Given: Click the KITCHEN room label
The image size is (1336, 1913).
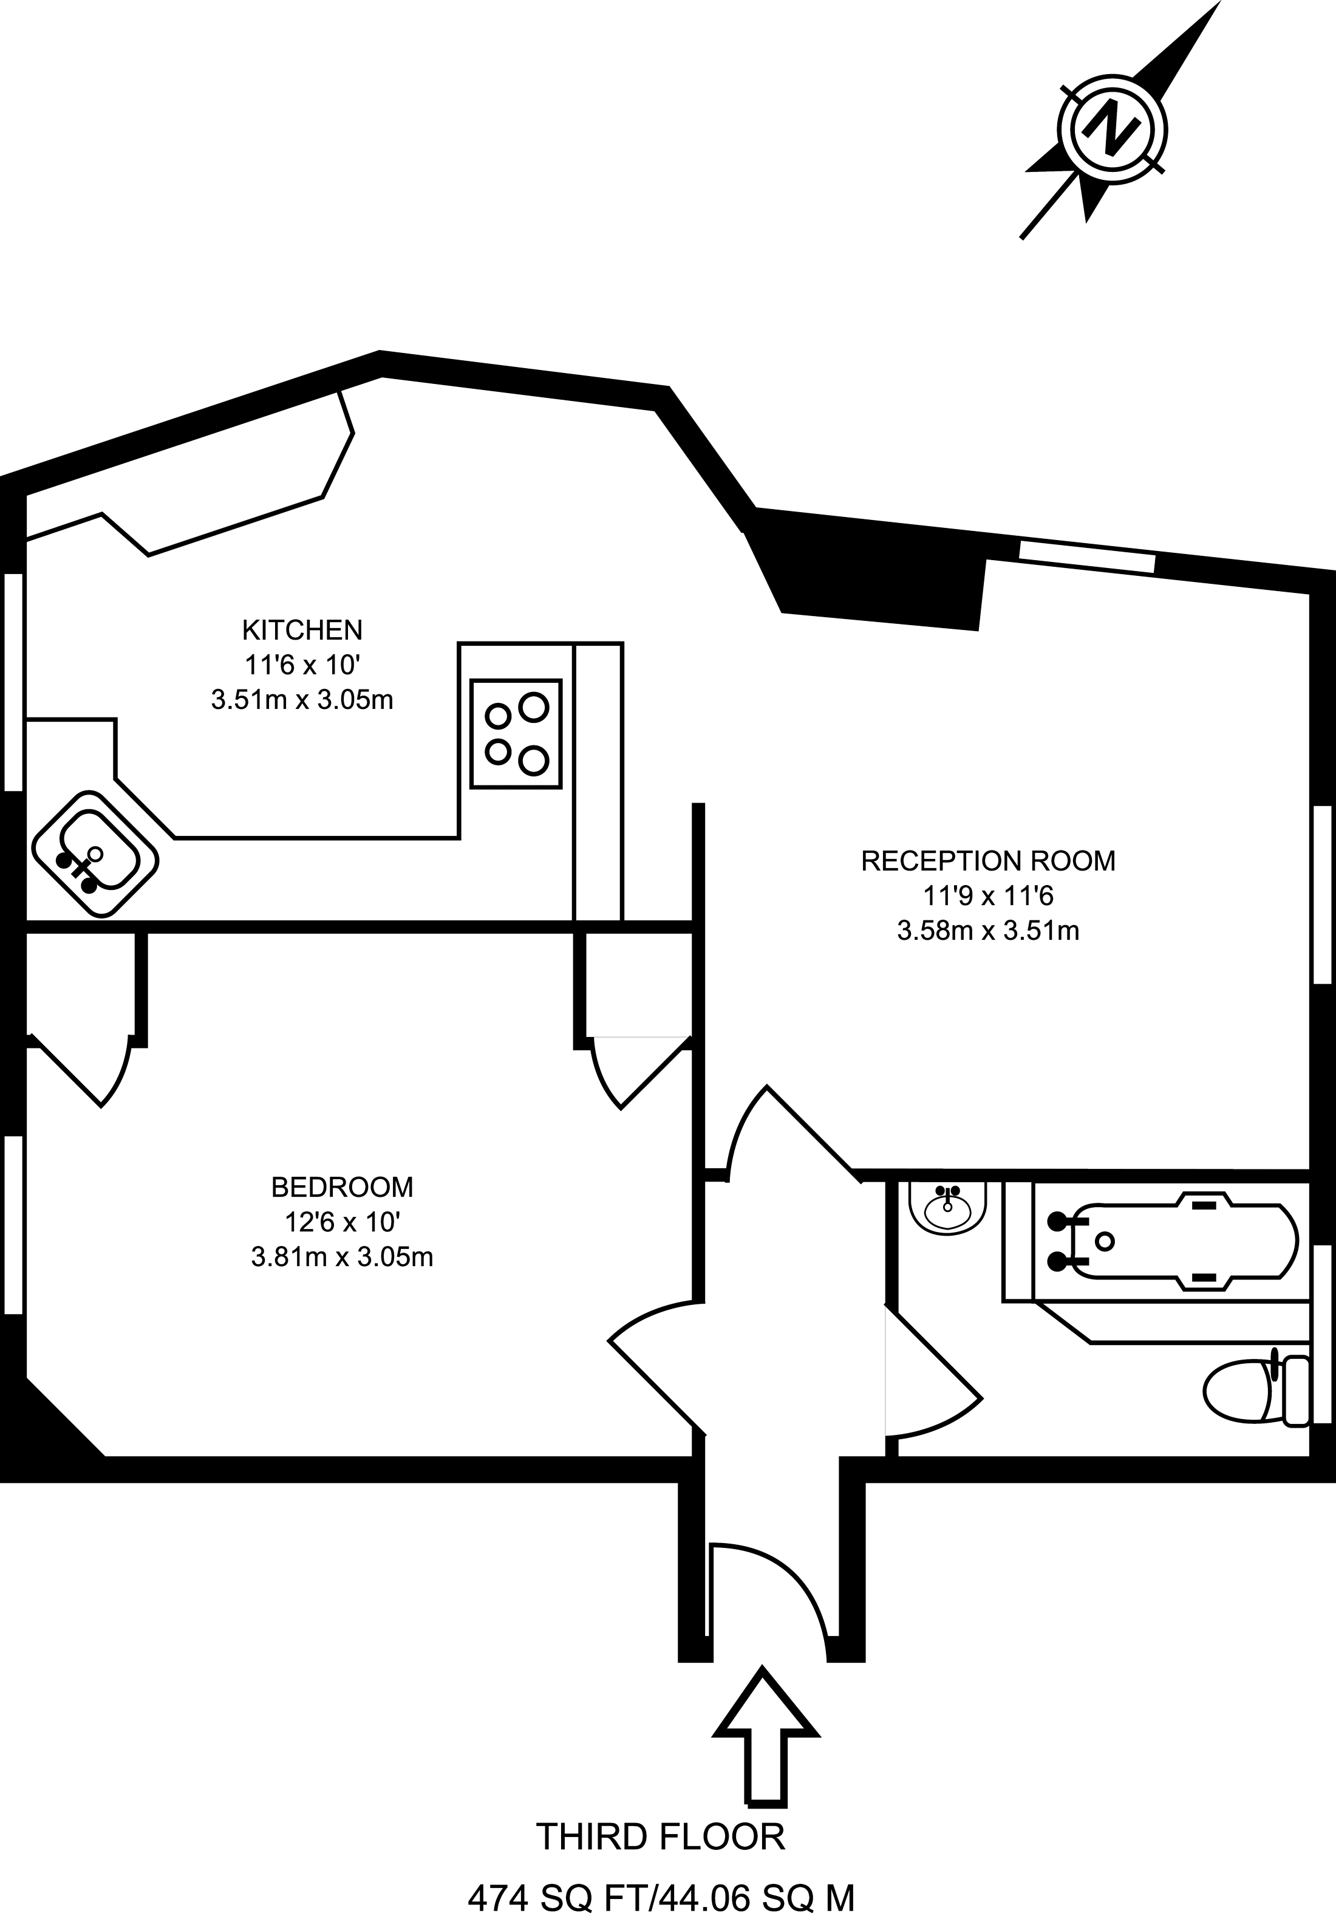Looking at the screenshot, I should (302, 629).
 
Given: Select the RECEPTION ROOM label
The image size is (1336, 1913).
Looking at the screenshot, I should (988, 861).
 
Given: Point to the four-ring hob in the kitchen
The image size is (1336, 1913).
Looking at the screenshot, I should (516, 733).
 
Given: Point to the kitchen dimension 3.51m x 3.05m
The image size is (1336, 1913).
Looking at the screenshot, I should (302, 700).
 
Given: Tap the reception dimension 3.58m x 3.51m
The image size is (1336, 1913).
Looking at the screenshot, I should (988, 931).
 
